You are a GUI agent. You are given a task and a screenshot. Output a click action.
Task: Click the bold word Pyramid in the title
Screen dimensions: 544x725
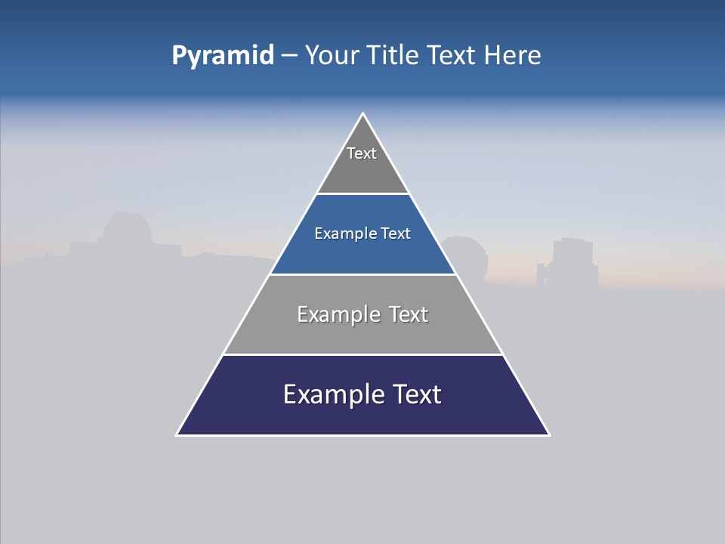tap(223, 56)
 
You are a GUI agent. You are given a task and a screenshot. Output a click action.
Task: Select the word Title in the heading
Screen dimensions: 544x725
tap(393, 56)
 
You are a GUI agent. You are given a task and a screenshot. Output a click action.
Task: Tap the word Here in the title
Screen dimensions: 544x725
tap(512, 56)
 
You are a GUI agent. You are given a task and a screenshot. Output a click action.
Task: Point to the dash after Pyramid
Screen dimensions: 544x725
tap(289, 56)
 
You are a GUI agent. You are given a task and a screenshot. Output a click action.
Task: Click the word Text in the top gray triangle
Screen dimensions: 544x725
tap(362, 153)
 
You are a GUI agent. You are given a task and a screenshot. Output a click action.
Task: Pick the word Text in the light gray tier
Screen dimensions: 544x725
tap(409, 315)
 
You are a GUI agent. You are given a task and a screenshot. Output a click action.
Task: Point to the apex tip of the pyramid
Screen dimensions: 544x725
tap(362, 114)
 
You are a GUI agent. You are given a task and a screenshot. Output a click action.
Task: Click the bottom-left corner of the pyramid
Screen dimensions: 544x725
tap(177, 434)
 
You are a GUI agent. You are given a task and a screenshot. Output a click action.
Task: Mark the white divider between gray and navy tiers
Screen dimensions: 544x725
tap(362, 354)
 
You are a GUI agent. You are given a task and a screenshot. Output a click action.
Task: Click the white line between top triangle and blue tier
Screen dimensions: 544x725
tap(362, 193)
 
